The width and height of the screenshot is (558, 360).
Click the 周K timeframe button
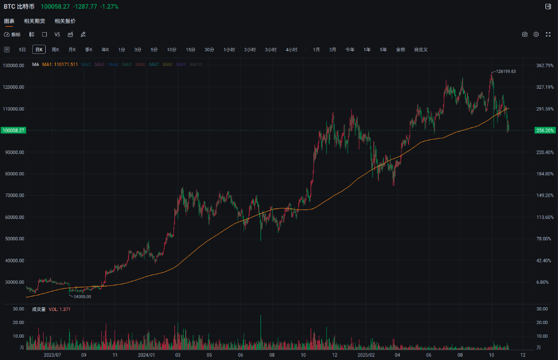point(55,50)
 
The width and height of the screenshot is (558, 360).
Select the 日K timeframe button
point(39,50)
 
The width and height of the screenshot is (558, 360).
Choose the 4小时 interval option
point(292,50)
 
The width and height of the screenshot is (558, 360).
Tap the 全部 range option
point(401,50)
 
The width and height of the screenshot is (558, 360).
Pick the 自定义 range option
point(421,50)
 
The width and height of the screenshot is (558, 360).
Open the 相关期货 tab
point(34,21)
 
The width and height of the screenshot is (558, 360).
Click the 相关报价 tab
point(65,21)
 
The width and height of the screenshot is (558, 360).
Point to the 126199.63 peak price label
point(506,71)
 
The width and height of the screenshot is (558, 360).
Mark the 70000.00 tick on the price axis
point(14,196)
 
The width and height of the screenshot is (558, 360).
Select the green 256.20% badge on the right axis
point(545,131)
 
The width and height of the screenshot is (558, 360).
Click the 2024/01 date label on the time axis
point(146,355)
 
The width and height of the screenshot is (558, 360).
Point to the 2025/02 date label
point(366,355)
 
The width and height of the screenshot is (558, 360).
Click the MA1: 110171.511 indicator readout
point(60,64)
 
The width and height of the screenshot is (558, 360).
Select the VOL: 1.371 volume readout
point(59,309)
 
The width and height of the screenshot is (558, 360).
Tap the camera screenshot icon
point(525,34)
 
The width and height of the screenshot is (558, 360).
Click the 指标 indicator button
point(13,34)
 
